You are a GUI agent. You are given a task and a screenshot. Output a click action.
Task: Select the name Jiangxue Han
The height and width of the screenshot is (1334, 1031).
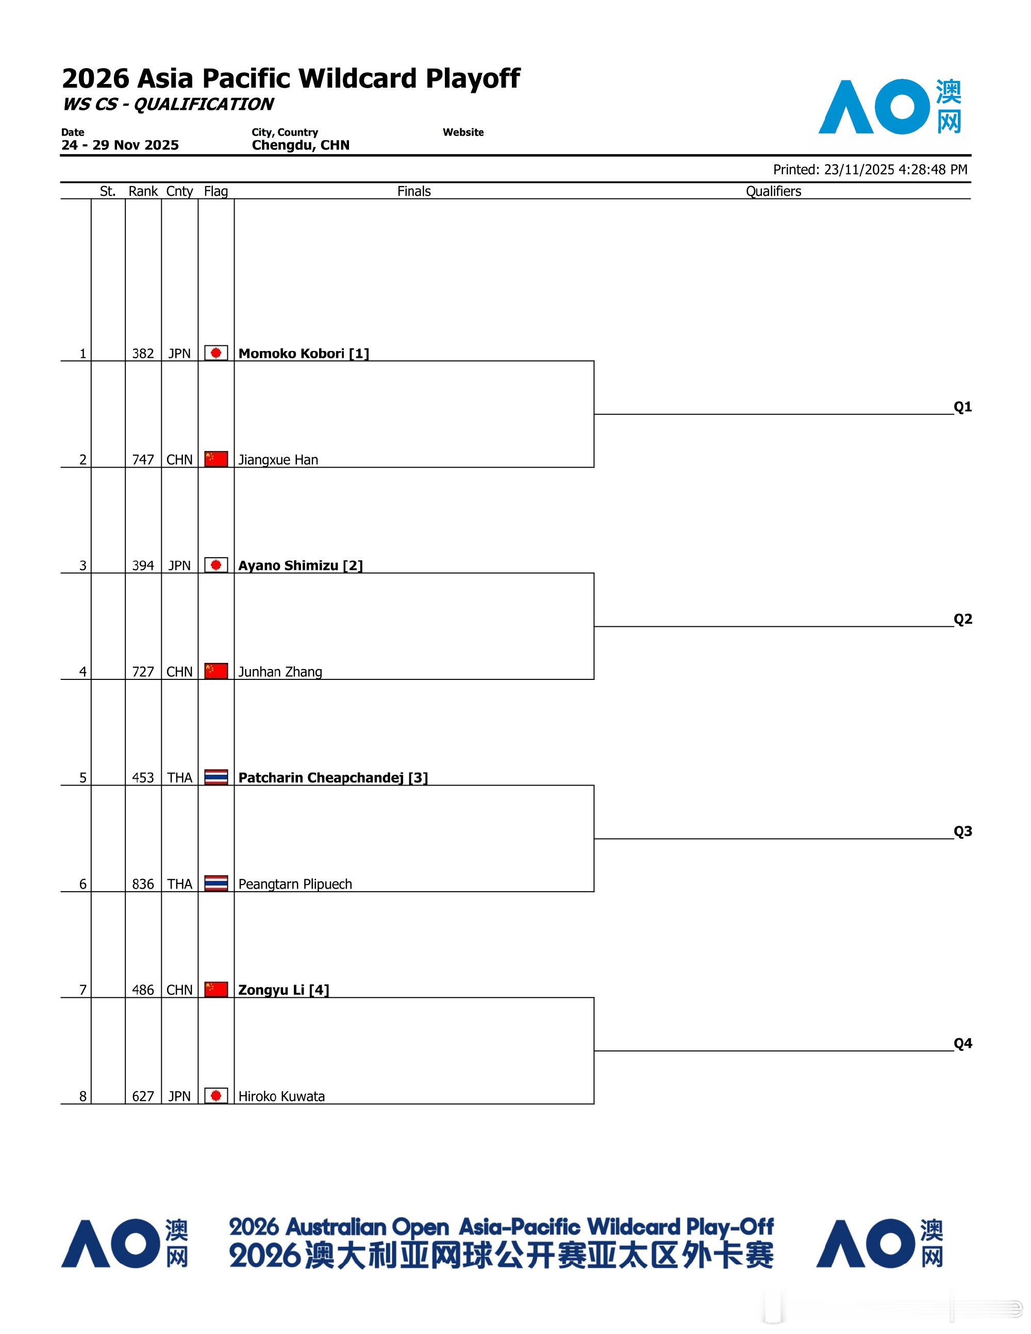278,459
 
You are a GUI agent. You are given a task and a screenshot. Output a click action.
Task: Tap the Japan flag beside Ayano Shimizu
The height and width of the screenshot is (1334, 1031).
215,565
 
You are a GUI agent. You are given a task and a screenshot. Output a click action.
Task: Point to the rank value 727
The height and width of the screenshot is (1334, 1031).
143,671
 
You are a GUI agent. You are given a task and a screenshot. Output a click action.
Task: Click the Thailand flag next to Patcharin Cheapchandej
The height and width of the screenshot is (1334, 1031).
215,777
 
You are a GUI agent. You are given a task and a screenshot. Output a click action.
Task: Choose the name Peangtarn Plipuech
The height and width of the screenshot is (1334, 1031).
295,884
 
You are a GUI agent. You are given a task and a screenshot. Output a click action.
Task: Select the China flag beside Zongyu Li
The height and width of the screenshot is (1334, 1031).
215,990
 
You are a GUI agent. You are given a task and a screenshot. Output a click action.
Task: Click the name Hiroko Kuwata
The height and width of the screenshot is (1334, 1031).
281,1096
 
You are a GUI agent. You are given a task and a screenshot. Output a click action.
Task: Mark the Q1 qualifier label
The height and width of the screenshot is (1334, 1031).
962,407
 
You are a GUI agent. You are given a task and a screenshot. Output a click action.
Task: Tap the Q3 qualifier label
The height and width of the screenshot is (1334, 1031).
962,831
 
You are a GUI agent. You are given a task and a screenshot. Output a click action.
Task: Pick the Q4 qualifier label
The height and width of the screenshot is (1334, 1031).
962,1043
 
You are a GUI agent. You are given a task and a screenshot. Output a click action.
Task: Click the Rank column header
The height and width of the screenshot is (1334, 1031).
143,191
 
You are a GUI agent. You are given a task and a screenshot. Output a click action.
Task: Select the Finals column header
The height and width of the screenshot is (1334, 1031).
413,191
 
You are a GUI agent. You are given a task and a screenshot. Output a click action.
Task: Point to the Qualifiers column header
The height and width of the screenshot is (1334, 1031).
773,191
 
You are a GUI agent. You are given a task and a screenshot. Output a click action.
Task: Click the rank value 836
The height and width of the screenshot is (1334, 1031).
143,884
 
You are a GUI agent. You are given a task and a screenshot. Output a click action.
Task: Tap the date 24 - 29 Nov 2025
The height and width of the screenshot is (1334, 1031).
120,145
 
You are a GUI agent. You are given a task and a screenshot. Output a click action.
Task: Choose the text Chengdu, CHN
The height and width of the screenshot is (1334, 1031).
301,145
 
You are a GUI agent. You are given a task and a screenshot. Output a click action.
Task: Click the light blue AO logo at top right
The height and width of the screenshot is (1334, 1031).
889,107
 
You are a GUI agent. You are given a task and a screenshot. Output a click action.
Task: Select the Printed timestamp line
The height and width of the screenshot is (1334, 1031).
870,169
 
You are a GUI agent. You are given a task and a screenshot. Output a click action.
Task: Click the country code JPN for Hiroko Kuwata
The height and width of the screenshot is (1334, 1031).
179,1096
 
